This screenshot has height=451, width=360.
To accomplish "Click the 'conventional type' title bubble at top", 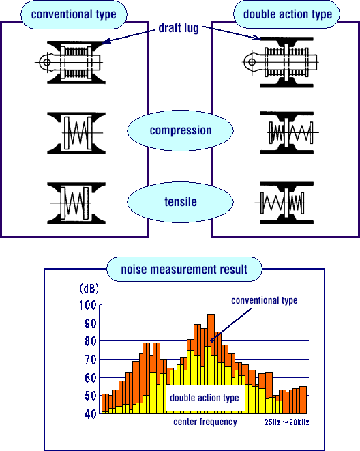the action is pos(74,14).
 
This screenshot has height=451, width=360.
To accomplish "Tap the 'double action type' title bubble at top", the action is pos(287,14).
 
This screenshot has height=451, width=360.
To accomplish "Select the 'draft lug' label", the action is pos(179,28).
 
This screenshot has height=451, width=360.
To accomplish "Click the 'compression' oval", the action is pos(180,130).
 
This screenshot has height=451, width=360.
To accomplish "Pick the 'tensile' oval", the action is pos(180,202).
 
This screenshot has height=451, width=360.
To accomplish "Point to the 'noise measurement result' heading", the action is pos(184,270).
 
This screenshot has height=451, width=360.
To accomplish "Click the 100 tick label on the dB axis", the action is pos(88,305).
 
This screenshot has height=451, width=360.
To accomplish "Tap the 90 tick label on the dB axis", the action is pos(91,323).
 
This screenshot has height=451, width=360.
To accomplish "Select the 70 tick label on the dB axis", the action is pos(91,360).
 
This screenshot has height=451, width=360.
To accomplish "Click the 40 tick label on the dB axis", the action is pos(91,413).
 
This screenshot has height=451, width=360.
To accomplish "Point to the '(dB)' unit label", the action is pos(89,289).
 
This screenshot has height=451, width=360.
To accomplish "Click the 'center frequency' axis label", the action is pos(205,422).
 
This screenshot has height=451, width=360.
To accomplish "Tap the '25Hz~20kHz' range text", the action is pos(287,422).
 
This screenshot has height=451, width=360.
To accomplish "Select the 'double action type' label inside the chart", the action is pos(205,398).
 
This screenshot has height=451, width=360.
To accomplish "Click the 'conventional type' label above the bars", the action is pos(265,300).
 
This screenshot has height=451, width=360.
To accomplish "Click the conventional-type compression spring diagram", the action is pos(77,133).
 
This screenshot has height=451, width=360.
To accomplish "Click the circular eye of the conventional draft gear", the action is pos(47,62).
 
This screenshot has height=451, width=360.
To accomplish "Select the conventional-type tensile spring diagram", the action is pos(77,203).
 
